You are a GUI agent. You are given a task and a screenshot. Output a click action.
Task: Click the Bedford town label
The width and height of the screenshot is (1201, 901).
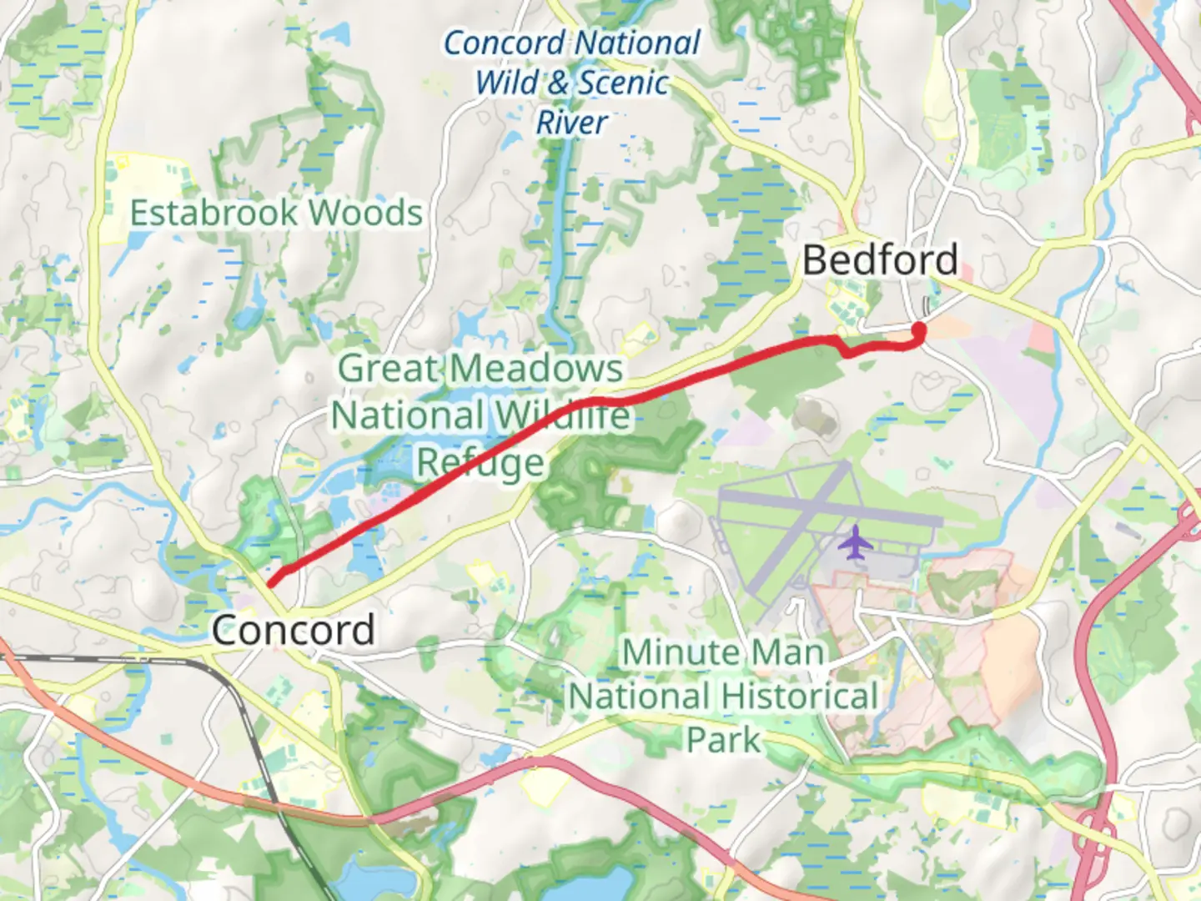(x=880, y=260)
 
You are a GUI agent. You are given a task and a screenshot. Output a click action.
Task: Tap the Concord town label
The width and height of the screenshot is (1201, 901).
(x=293, y=630)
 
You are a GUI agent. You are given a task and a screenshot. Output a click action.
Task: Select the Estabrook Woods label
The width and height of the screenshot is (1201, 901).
(x=276, y=213)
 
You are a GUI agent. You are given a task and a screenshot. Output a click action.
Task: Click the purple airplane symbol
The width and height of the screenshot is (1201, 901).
(x=854, y=543)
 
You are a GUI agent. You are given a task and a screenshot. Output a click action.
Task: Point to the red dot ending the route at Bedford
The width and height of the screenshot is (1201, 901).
(x=919, y=331)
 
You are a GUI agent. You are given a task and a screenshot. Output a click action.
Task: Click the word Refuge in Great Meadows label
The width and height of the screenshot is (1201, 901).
(x=480, y=461)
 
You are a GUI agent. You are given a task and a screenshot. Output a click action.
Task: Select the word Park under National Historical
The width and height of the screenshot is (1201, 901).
(x=723, y=739)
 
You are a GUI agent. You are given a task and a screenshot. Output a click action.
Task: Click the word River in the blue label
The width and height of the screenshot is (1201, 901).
(x=572, y=123)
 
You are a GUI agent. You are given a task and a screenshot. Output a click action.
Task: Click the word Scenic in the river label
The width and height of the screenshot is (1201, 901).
(x=624, y=83)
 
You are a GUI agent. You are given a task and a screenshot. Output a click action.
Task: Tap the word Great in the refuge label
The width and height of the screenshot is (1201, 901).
(x=389, y=368)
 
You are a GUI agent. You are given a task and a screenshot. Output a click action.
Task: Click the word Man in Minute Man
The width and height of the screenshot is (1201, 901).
(x=786, y=652)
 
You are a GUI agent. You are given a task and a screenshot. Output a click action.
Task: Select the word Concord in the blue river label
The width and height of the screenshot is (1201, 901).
(x=504, y=43)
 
